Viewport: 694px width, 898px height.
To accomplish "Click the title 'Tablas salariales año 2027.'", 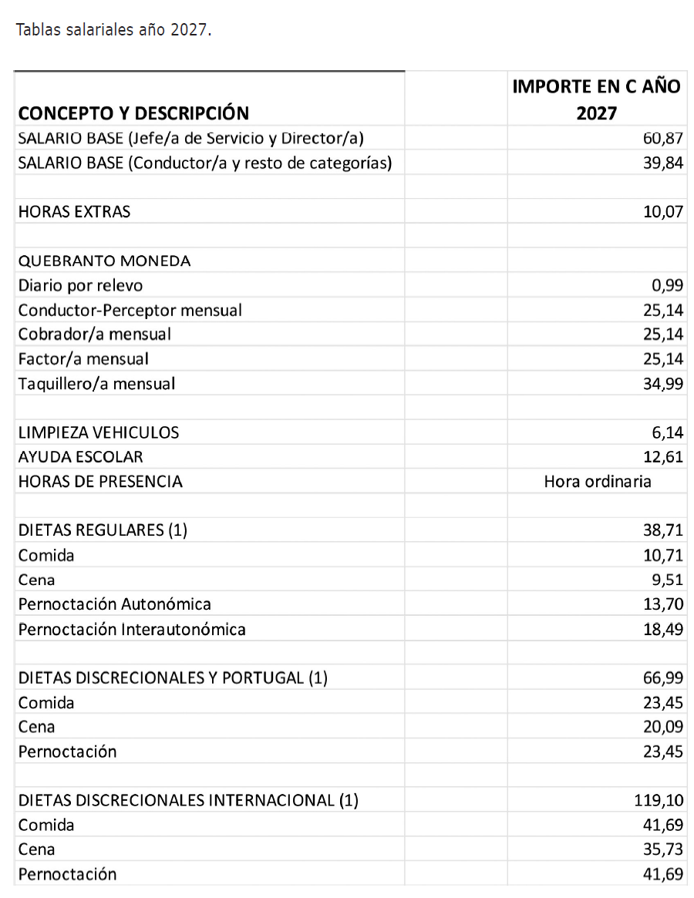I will [x=113, y=31].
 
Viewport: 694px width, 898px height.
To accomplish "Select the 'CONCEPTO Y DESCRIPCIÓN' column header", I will [x=133, y=113].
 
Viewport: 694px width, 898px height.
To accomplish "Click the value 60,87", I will [x=663, y=139].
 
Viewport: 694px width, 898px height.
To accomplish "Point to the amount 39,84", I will [x=663, y=163].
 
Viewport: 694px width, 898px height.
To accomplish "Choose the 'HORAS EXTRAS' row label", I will [x=74, y=211].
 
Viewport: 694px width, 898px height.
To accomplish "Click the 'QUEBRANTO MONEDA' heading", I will [x=104, y=261].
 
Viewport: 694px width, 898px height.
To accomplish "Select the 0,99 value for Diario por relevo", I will [x=667, y=285].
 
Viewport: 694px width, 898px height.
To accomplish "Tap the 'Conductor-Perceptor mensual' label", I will [x=130, y=310].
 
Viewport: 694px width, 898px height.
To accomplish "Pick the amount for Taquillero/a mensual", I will [x=663, y=383].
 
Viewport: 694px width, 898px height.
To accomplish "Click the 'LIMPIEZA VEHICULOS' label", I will [x=99, y=432].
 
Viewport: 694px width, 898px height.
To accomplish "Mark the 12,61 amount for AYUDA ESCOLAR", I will [x=663, y=457].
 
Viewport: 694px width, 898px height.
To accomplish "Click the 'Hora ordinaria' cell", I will [x=597, y=482].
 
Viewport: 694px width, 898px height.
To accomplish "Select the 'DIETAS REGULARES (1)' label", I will [x=103, y=530].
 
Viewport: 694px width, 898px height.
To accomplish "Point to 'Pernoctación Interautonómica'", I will [x=132, y=629].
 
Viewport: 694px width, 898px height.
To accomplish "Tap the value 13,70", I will [x=663, y=604].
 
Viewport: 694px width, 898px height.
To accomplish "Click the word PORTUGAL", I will [x=262, y=678].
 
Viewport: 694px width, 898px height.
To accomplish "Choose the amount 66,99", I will [x=663, y=678].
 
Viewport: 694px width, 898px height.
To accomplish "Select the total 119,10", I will [x=659, y=800].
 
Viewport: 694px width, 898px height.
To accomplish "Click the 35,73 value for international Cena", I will [x=663, y=849].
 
